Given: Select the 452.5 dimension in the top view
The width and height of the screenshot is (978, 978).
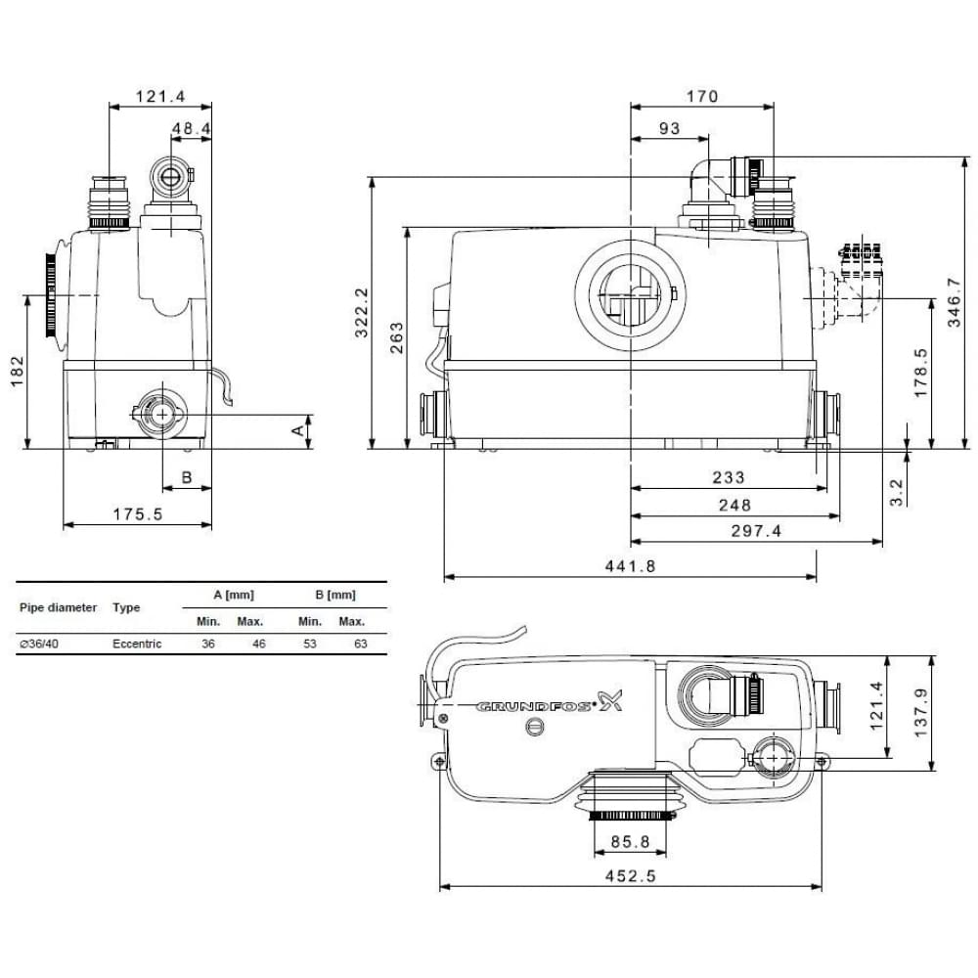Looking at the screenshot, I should pyautogui.click(x=630, y=876).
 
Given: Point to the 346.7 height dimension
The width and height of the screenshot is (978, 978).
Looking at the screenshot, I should pyautogui.click(x=956, y=301).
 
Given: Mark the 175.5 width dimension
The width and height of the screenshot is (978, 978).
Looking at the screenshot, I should pyautogui.click(x=136, y=513).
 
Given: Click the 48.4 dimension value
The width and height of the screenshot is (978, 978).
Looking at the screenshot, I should pyautogui.click(x=191, y=128).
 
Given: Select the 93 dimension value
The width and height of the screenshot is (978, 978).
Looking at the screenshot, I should pyautogui.click(x=669, y=128).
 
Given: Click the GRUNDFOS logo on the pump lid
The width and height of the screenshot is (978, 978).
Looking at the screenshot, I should pyautogui.click(x=548, y=703).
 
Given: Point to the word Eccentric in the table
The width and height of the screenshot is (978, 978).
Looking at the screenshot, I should pyautogui.click(x=137, y=644).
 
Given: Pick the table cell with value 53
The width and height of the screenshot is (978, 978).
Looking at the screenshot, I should pyautogui.click(x=308, y=644).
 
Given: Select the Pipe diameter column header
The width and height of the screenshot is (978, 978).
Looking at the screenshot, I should pyautogui.click(x=58, y=607).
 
